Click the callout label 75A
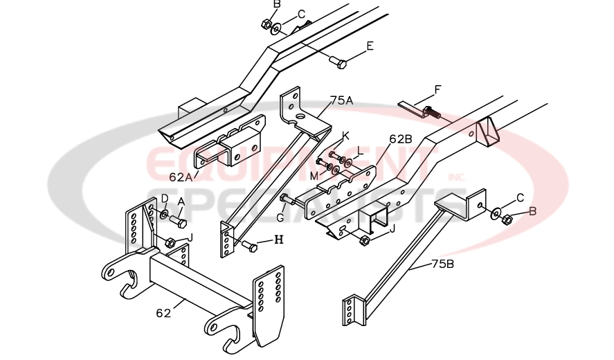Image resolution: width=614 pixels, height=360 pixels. point(342,100)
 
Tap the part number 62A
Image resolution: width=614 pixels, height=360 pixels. point(181,177)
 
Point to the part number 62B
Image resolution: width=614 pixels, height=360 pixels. point(401,138)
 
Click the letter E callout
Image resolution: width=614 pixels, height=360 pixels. point(370,46)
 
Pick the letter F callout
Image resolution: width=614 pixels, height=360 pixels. point(437,89)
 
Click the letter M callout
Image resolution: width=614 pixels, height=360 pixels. point(314,175)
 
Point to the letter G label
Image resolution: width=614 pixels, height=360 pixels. point(280,218)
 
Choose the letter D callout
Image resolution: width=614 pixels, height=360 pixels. point(165,199)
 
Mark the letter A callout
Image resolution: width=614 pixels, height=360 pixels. point(181,201)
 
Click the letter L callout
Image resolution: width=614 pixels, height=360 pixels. point(360,150)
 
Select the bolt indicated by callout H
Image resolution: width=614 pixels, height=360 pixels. point(249,246)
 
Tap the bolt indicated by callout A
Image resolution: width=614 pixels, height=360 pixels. point(179,222)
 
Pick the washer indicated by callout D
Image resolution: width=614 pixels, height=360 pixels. point(163,215)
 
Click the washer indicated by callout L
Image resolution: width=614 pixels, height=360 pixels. point(346,163)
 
